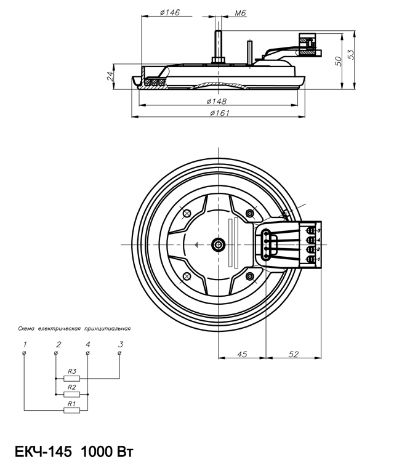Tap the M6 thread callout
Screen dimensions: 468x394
[x=241, y=12]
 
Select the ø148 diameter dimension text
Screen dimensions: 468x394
[x=217, y=100]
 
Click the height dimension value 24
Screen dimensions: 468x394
[x=110, y=76]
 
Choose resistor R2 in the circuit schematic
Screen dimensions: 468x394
[x=72, y=394]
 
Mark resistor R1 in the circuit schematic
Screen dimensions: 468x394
[x=72, y=409]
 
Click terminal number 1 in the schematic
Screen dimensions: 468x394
[x=24, y=344]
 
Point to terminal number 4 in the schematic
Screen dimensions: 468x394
[x=88, y=344]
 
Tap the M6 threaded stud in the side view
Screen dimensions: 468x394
[x=219, y=42]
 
